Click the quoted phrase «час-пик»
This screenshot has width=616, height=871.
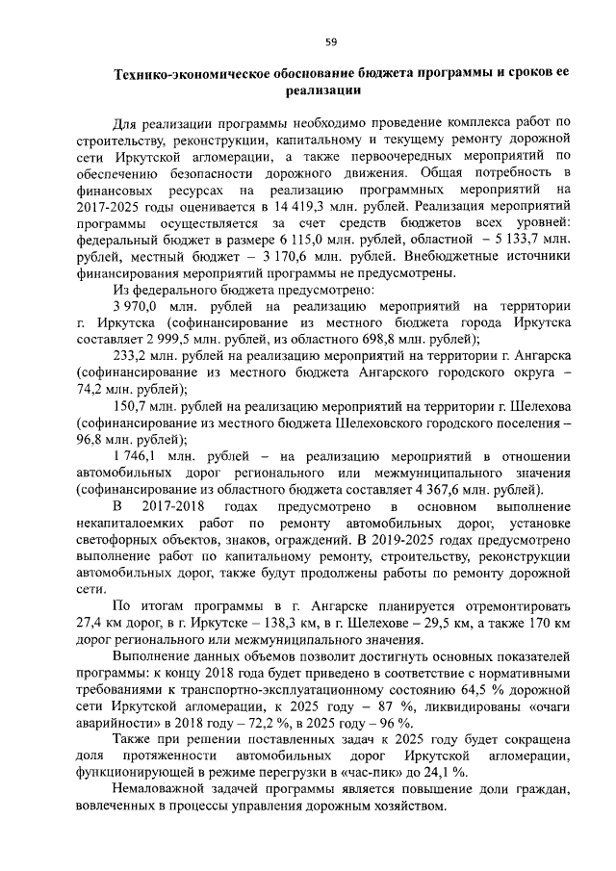point(376,772)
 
